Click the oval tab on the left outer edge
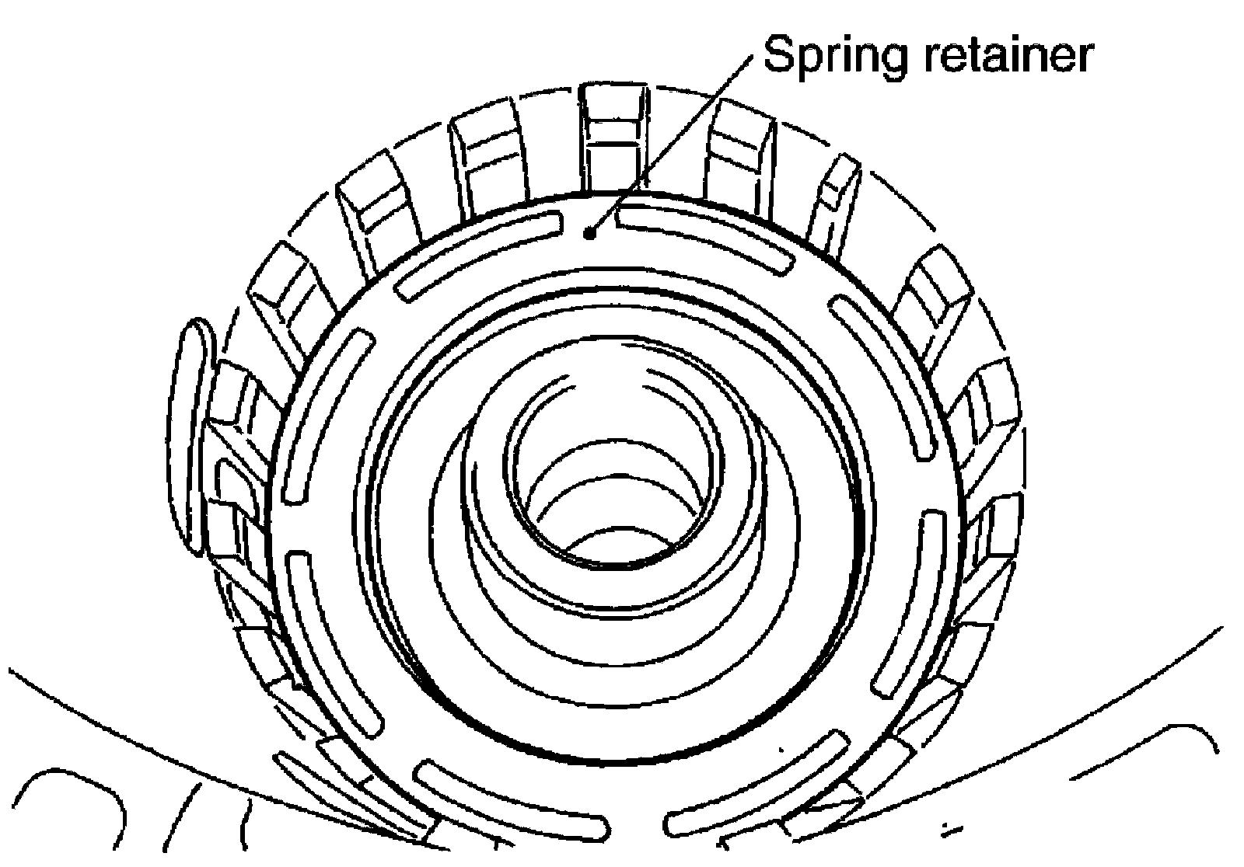(x=189, y=435)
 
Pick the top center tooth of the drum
(x=613, y=136)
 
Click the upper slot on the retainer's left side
(x=327, y=416)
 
